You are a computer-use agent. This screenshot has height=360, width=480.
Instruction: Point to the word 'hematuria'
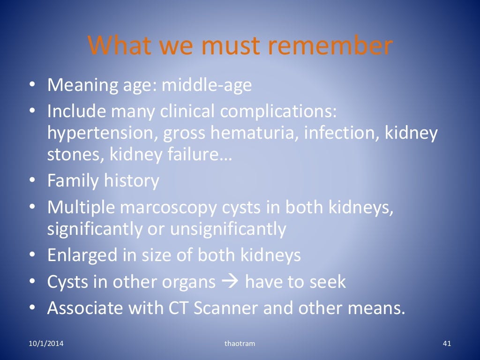254,134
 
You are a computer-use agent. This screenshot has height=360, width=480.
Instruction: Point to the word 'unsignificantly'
228,229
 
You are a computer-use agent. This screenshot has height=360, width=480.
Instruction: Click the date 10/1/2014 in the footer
45,344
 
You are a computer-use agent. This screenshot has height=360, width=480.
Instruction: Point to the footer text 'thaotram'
240,344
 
